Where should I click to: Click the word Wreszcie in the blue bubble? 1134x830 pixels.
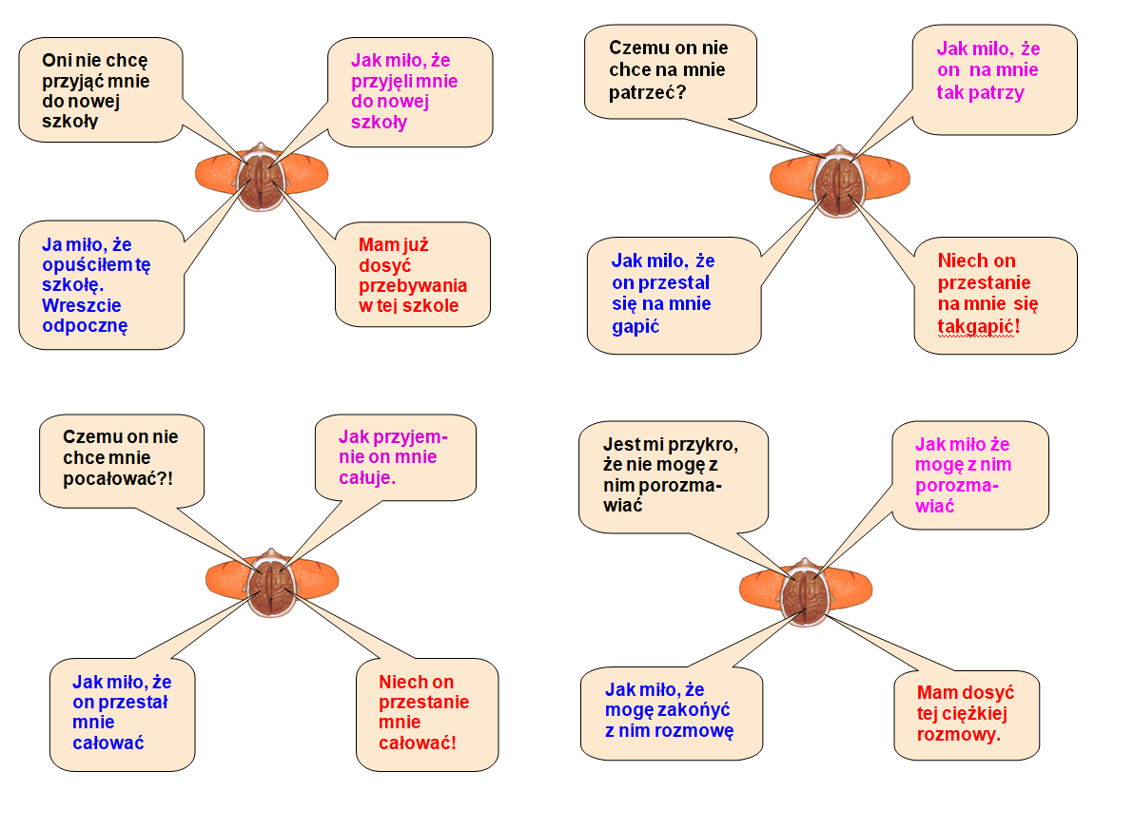click(83, 306)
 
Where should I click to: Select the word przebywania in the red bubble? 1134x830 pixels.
click(413, 285)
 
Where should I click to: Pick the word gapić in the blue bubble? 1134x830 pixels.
click(636, 325)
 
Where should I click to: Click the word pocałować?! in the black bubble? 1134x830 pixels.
click(118, 478)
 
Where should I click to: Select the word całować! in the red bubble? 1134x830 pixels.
click(418, 741)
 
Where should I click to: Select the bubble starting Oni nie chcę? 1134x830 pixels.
click(100, 89)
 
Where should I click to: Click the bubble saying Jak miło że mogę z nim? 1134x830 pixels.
click(968, 473)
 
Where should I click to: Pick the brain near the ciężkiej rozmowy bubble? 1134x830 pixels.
click(807, 594)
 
